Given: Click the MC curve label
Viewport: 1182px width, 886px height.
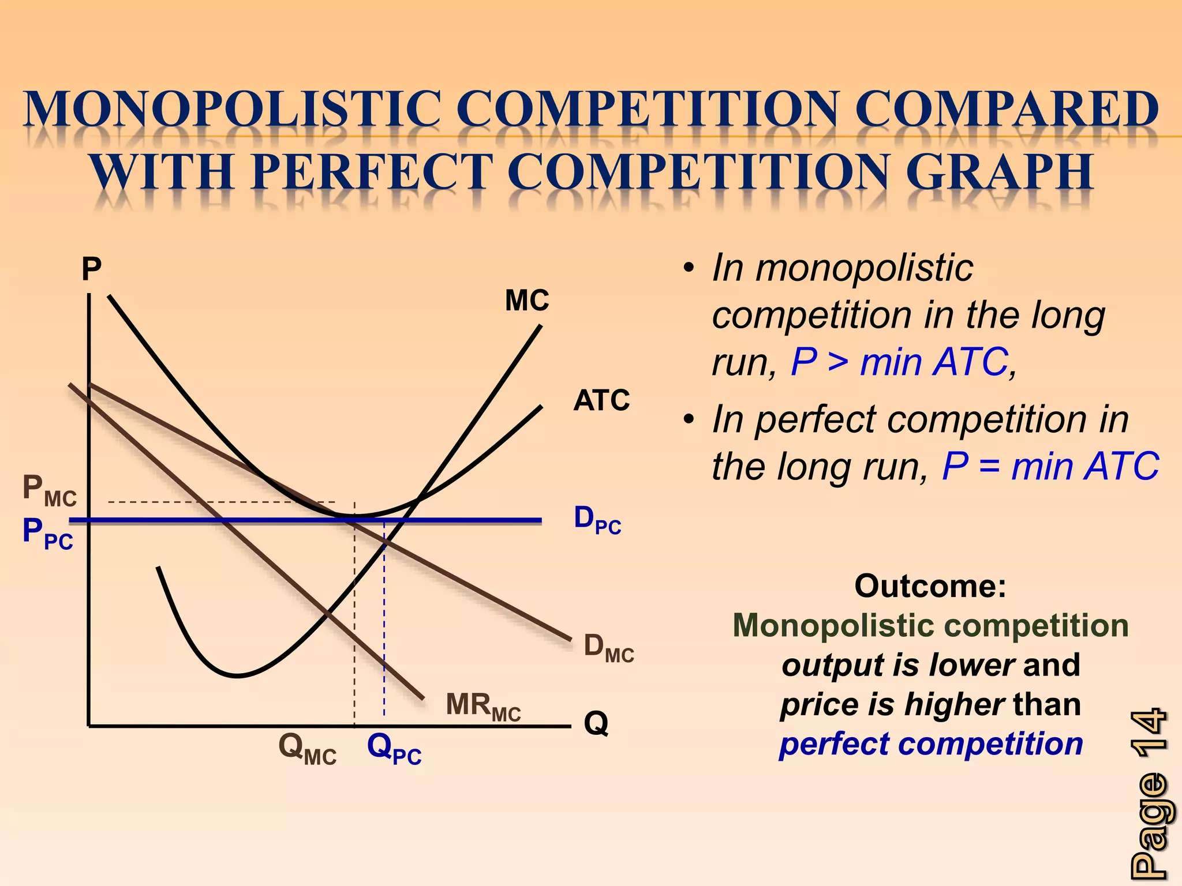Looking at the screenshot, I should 527,301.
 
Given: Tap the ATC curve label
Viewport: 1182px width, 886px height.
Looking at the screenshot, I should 601,400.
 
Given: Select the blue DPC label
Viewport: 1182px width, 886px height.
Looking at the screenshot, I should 597,520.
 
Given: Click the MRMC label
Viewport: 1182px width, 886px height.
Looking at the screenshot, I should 483,707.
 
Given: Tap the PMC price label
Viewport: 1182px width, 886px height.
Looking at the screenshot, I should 49,491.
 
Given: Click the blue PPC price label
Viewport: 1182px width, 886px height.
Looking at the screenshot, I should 47,534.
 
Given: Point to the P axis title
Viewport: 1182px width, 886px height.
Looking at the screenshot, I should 91,269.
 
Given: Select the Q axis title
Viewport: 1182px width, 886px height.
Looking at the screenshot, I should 596,723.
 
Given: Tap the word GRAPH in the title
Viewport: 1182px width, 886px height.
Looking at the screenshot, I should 999,171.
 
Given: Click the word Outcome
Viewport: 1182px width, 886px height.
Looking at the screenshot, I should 930,586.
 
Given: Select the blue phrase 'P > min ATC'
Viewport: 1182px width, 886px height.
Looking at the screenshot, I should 899,362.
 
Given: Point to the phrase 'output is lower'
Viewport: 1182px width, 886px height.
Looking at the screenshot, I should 897,665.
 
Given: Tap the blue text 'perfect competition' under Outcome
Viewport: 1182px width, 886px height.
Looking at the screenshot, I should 930,744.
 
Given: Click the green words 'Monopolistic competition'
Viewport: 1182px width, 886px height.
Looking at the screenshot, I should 930,626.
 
